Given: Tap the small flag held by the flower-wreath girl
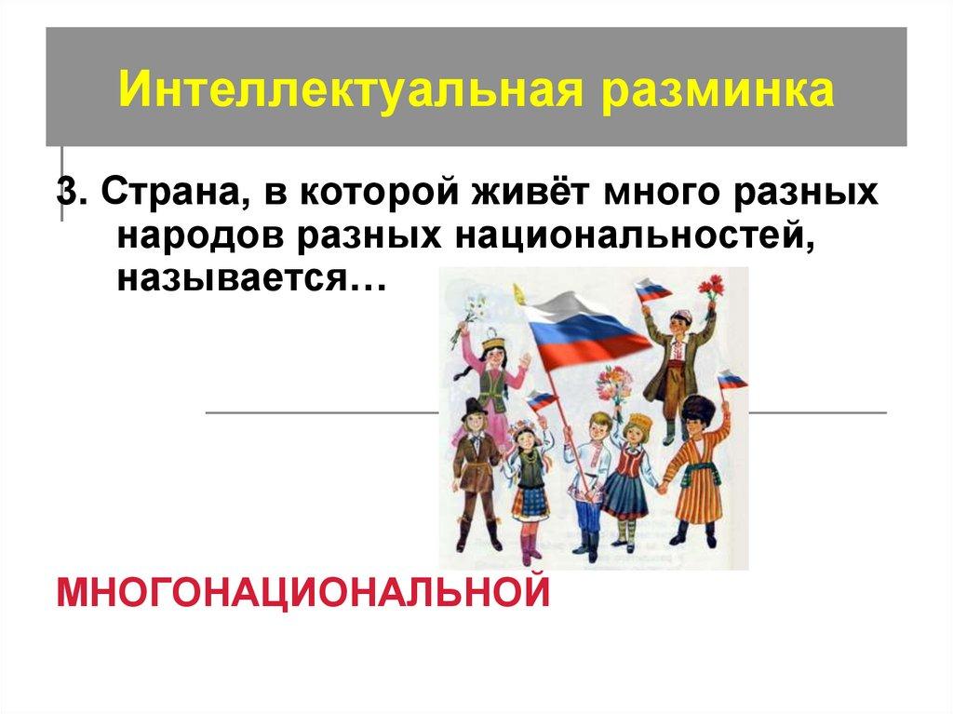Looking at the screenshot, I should click(540, 401).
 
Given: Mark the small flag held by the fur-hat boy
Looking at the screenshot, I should click(732, 380).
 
